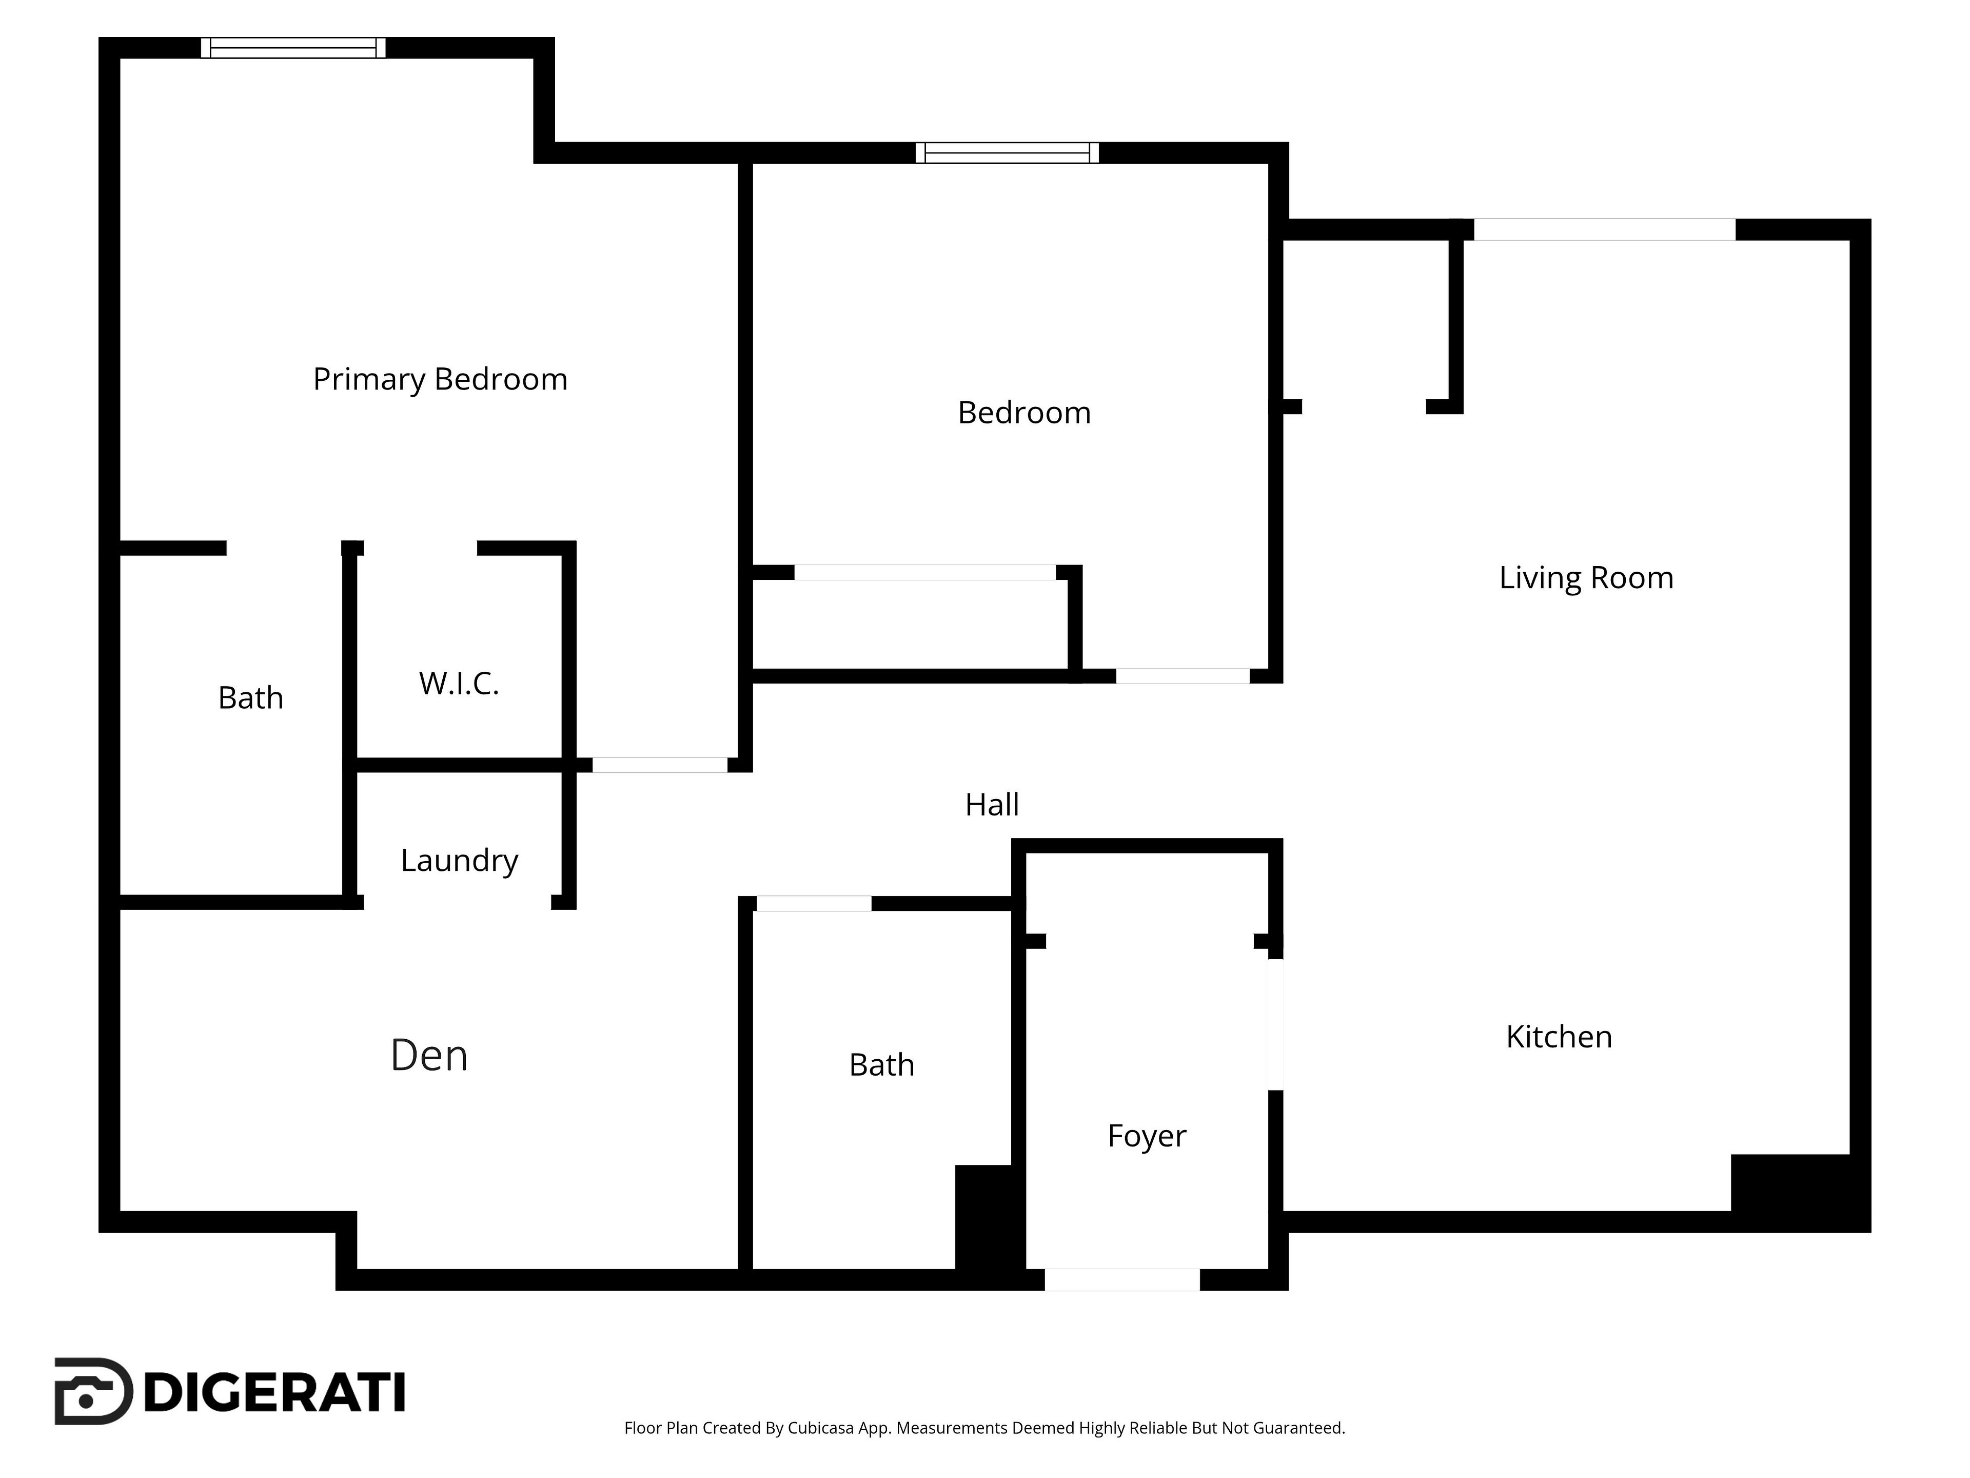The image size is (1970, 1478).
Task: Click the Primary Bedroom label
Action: click(x=440, y=380)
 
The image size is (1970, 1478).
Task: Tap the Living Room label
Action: click(x=1586, y=578)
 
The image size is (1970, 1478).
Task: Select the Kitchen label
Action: click(x=1559, y=1037)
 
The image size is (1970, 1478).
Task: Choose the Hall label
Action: click(x=992, y=805)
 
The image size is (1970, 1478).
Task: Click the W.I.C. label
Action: click(x=459, y=684)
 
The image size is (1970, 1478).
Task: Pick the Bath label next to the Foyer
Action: click(x=882, y=1065)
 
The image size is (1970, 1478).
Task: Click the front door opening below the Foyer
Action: click(x=1122, y=1279)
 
